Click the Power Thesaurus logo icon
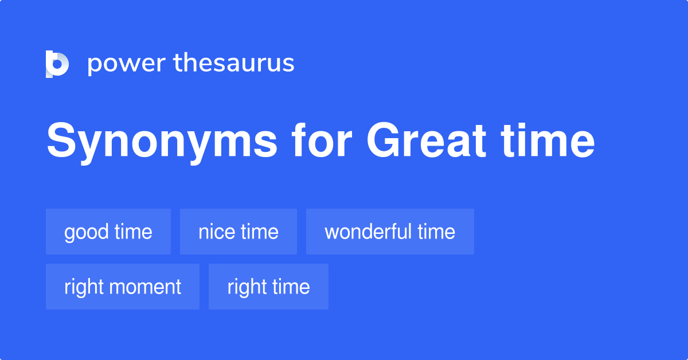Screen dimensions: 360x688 click(57, 64)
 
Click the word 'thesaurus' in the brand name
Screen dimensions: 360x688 click(234, 64)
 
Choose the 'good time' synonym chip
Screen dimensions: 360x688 click(108, 232)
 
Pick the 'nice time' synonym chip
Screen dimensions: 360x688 click(239, 232)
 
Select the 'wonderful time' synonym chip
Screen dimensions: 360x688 click(390, 232)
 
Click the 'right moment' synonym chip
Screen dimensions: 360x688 click(123, 287)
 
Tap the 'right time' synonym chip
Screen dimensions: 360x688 click(268, 287)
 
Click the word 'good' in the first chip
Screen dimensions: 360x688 click(87, 232)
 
